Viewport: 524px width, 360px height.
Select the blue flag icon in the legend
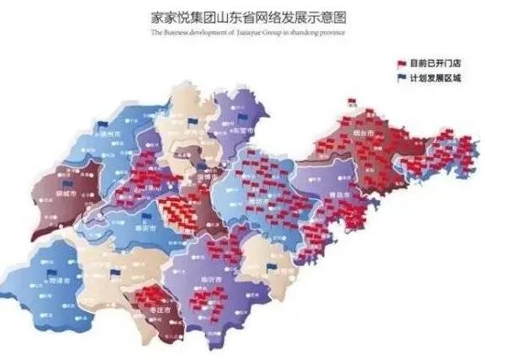(x=401, y=78)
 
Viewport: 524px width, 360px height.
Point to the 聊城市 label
(x=63, y=193)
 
